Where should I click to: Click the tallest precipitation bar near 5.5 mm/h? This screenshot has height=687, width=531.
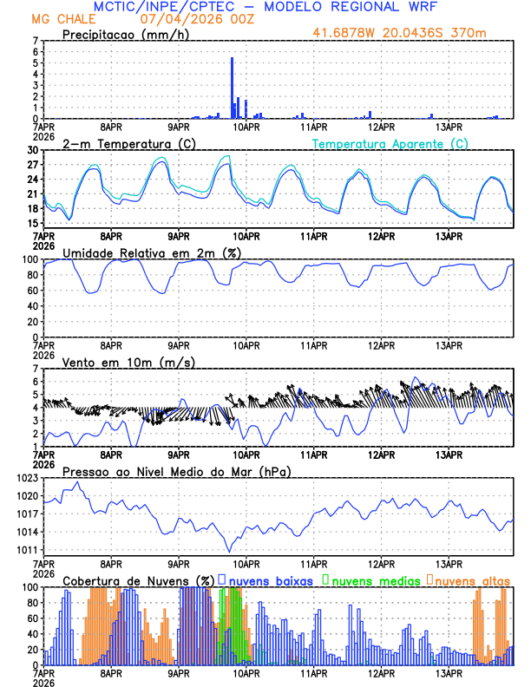pyautogui.click(x=232, y=87)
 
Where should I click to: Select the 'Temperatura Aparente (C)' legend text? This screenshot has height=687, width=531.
pyautogui.click(x=390, y=143)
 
